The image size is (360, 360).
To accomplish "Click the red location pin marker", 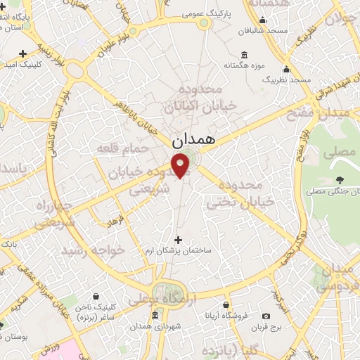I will pos(181,166).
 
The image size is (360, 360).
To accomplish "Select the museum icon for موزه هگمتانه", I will pos(244,56).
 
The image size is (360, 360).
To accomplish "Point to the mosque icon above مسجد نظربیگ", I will pos(285,70).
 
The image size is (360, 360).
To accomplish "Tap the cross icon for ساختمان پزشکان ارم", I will pos(177,240).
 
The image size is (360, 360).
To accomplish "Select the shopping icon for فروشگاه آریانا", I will pos(225,305).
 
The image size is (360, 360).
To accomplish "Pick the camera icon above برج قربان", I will pos(266,316).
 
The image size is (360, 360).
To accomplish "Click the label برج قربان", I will pos(268,328).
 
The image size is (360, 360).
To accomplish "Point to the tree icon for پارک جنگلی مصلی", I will pos(340,181).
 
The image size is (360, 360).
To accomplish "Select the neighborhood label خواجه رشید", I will pos(93,250).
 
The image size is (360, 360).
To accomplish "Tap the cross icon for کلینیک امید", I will pos(24,53).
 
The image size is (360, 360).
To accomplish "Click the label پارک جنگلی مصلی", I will pos(331,192).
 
